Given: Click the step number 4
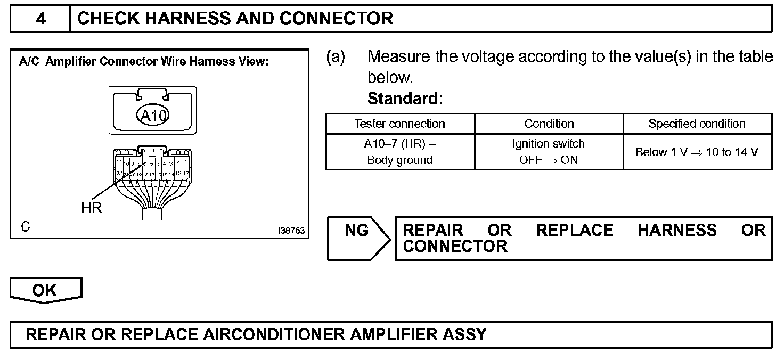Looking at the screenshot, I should click(x=40, y=19).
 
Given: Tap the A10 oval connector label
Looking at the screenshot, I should click(x=153, y=114).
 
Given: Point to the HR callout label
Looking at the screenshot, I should click(x=92, y=208).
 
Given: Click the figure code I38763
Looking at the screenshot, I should click(x=291, y=231).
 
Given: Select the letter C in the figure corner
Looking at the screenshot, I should click(x=26, y=227).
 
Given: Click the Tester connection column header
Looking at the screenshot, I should click(x=400, y=124).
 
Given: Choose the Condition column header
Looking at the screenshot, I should click(x=549, y=124).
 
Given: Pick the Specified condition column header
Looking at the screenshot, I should click(x=697, y=124).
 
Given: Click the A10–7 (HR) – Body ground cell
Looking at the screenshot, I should click(x=400, y=152).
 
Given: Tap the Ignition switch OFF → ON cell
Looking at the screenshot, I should click(x=549, y=152).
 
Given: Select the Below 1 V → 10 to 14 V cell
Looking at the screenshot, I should click(x=697, y=152).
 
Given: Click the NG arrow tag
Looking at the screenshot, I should click(x=357, y=231).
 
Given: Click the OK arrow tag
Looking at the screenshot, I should click(x=45, y=290).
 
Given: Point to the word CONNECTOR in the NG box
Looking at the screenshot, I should click(x=455, y=247).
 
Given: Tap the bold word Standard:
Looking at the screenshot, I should click(x=405, y=99).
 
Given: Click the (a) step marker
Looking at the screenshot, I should click(x=336, y=57).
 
